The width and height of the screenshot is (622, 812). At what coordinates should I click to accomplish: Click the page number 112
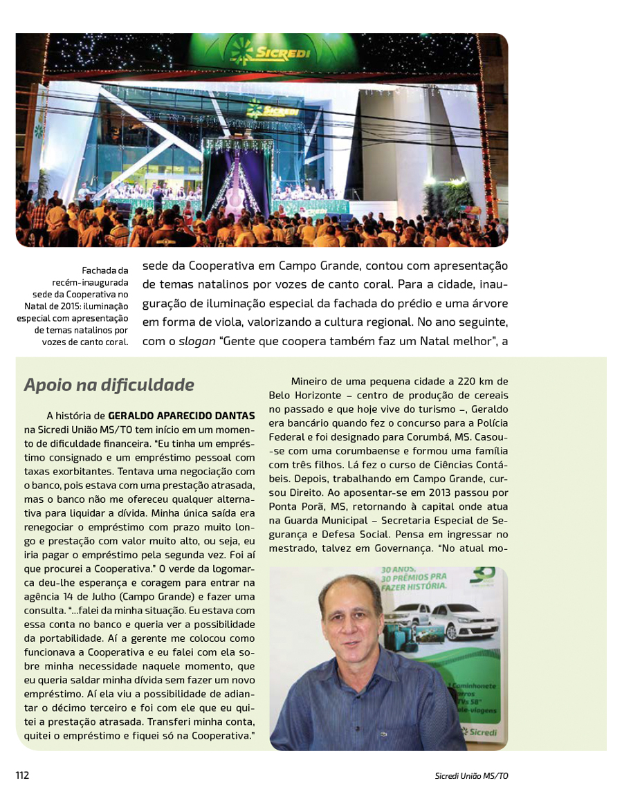(x=22, y=775)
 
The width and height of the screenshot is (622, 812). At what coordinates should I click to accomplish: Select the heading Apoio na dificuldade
(x=109, y=385)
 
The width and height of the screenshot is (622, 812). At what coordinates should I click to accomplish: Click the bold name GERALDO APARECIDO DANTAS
(x=181, y=416)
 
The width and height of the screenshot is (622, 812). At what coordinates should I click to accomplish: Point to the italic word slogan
(x=196, y=342)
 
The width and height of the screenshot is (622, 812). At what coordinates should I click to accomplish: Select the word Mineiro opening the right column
(x=310, y=381)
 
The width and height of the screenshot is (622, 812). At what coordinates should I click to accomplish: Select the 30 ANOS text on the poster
(x=397, y=571)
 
